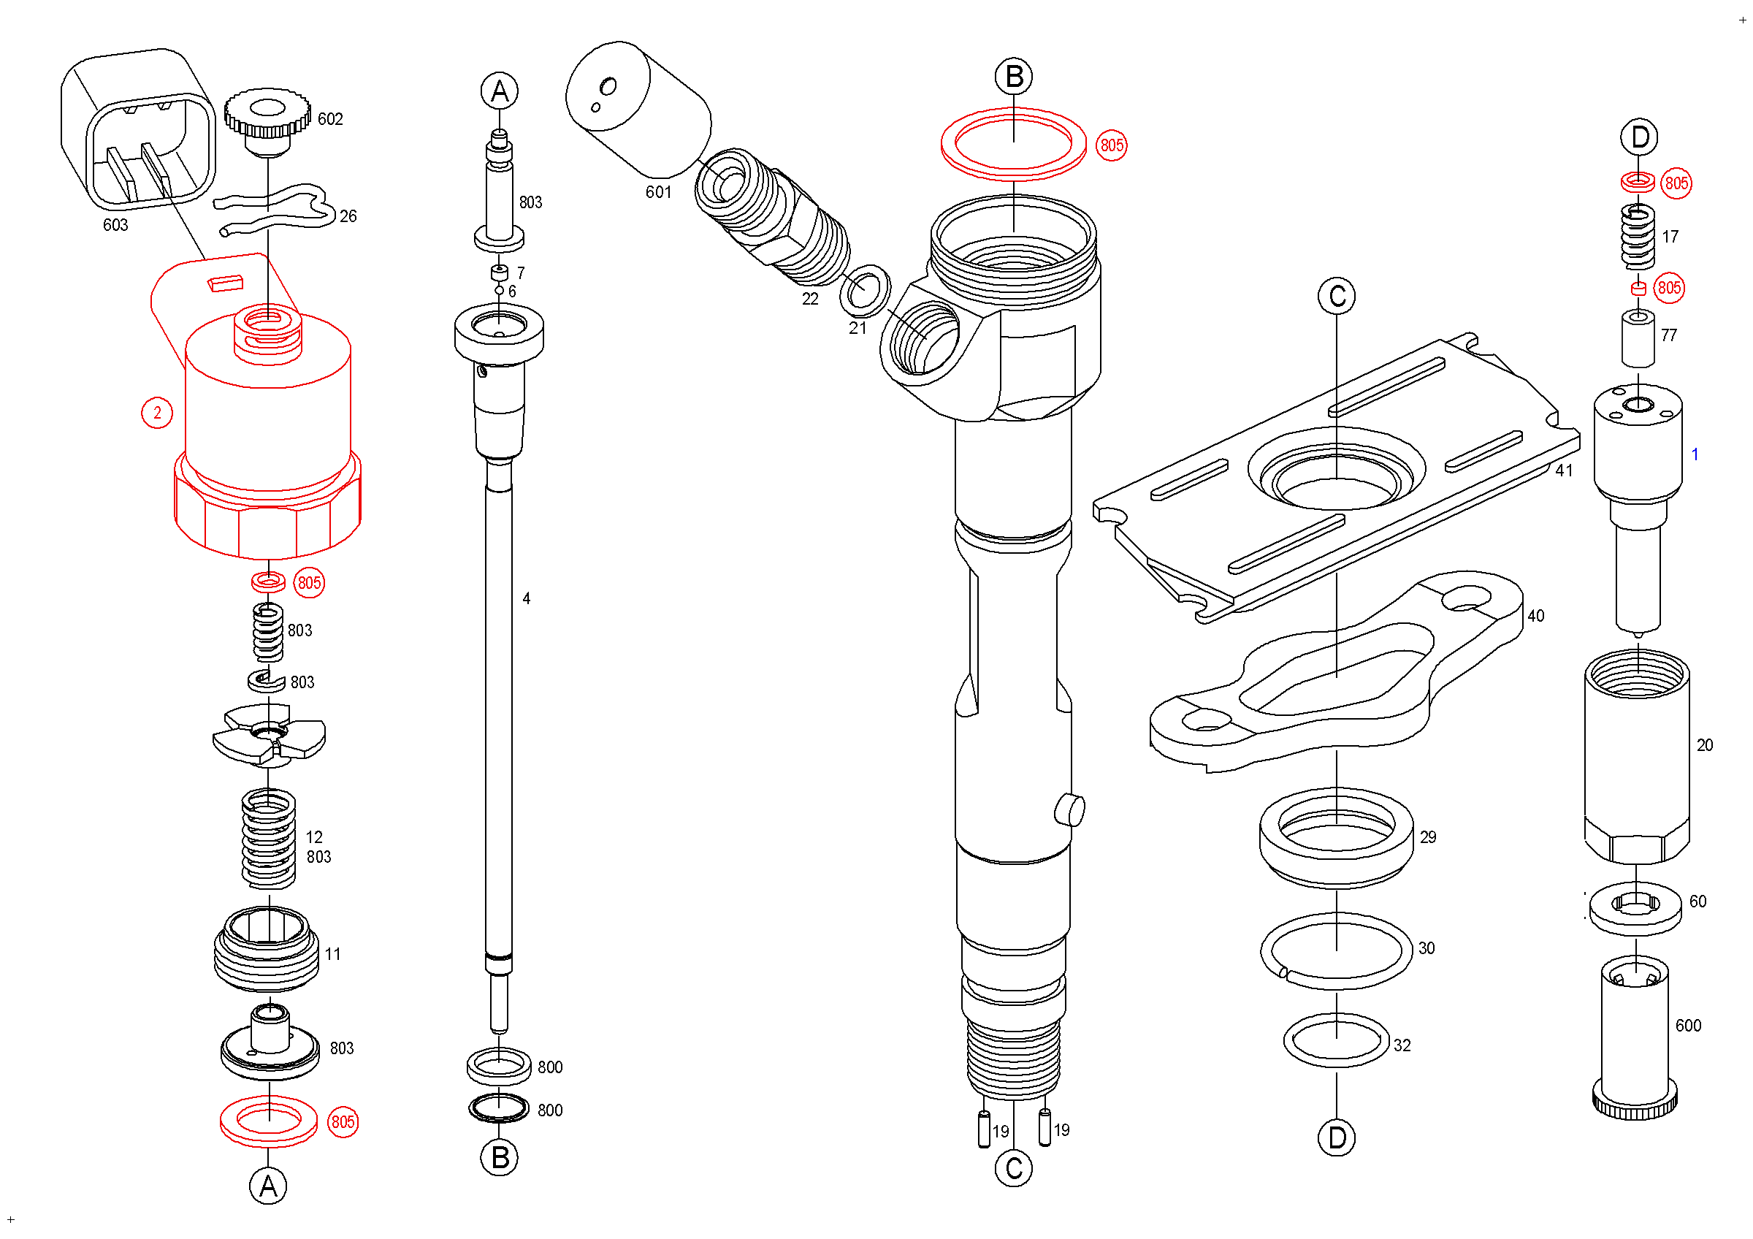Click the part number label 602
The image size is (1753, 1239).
tap(330, 119)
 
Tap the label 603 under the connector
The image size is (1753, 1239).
tap(115, 224)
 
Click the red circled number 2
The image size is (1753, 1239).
tap(157, 413)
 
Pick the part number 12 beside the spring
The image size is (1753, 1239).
tap(314, 836)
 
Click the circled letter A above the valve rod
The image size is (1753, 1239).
tap(500, 91)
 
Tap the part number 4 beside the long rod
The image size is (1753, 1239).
tap(526, 598)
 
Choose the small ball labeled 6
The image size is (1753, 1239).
tap(500, 290)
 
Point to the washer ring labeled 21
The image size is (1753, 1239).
tap(864, 290)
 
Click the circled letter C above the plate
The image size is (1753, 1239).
tap(1336, 296)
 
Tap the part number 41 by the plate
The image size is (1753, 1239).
tap(1564, 470)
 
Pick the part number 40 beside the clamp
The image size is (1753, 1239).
tap(1535, 615)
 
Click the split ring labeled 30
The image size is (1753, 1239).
tap(1336, 951)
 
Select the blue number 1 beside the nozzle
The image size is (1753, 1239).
tap(1695, 454)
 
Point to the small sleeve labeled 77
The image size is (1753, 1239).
tap(1638, 338)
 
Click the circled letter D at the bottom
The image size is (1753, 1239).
tap(1336, 1137)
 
